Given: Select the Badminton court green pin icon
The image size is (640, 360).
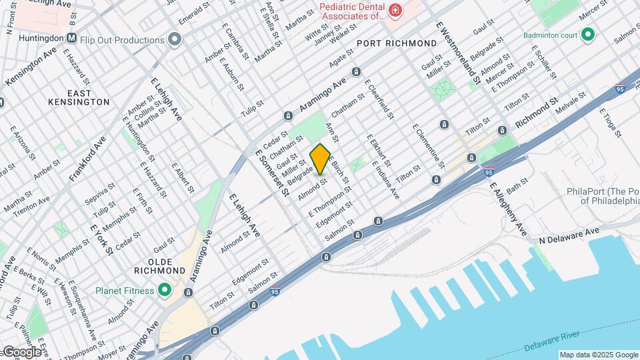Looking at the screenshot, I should tap(587, 35).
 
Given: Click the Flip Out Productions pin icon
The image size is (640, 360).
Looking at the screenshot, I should tap(175, 39).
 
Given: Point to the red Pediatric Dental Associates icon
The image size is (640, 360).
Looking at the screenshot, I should tap(395, 11).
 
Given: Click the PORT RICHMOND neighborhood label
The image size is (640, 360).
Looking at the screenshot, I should tap(396, 43).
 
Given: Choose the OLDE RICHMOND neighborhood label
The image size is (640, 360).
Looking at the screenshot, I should tap(159, 266).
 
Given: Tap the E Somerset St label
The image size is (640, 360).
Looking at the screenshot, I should tap(272, 172).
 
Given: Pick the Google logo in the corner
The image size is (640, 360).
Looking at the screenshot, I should tap(23, 351).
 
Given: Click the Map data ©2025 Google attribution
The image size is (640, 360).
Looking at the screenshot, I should tap(598, 355).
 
